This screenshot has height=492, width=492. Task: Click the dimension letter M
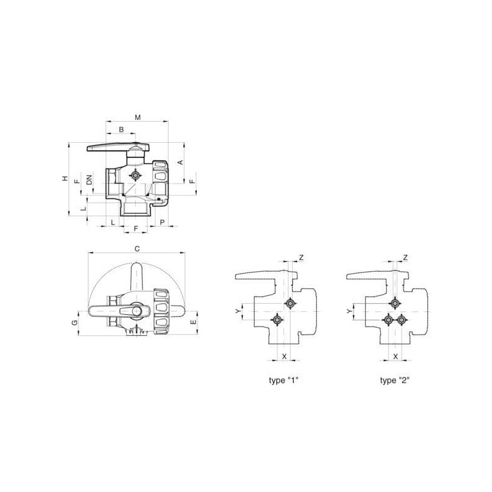tap(138, 117)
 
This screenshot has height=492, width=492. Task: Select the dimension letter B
tap(121, 129)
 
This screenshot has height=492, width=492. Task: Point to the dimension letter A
tap(180, 162)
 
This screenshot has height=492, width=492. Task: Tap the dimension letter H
tap(65, 178)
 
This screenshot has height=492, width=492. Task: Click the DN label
tap(90, 180)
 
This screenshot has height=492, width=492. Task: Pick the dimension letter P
tap(162, 222)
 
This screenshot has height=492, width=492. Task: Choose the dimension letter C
tap(137, 249)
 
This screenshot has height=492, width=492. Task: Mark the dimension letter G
tap(74, 322)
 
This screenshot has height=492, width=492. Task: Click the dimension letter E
tap(193, 322)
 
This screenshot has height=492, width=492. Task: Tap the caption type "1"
tap(284, 380)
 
